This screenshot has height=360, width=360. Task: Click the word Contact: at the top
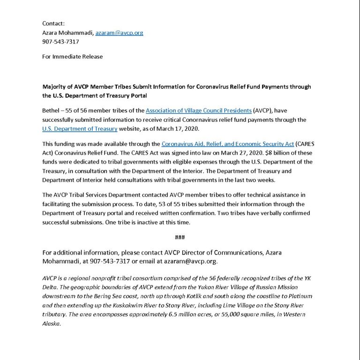click(53, 23)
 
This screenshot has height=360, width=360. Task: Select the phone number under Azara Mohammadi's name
click(60, 42)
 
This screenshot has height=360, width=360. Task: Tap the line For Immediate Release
click(72, 57)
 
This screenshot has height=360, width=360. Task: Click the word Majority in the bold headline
click(56, 87)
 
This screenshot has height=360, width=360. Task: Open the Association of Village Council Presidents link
click(198, 111)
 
